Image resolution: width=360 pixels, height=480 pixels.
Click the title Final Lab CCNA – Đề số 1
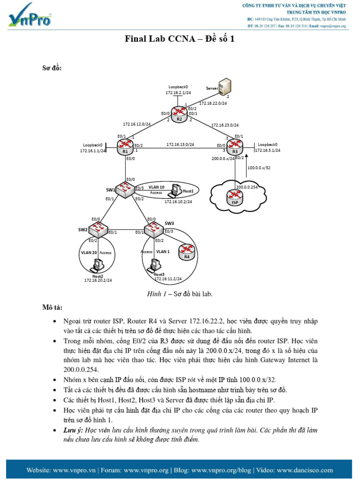pos(180,39)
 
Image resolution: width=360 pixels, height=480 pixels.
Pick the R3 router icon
pos(235,145)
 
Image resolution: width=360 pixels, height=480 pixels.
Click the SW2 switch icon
pos(99,229)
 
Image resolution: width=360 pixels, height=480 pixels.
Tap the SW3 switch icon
pos(154,229)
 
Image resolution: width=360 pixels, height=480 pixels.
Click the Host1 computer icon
pos(176,190)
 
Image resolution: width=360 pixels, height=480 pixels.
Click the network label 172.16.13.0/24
pos(180,145)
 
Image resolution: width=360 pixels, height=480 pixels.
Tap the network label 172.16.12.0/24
pos(137,124)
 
